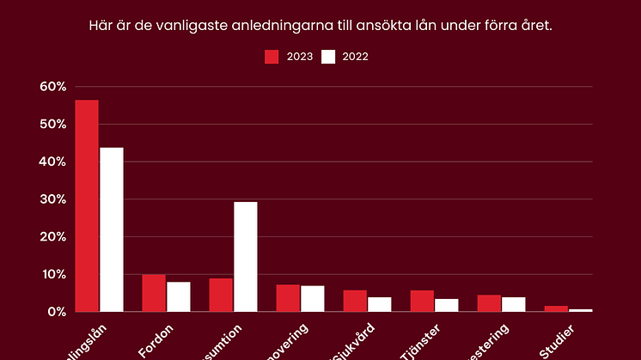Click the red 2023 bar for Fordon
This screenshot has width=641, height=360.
[x=154, y=293]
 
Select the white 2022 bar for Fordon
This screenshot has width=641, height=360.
[x=179, y=296]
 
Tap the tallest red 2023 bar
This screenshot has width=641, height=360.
[x=87, y=205]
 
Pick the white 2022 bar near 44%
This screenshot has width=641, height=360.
[x=112, y=229]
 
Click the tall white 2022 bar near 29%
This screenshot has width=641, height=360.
[x=246, y=256]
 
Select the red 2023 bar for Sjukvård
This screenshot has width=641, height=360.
[x=355, y=301]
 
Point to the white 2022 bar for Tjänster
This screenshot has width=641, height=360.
[x=447, y=305]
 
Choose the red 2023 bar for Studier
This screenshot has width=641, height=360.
[x=556, y=308]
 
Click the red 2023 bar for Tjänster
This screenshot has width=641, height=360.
[x=422, y=301]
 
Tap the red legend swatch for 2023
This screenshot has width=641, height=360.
[x=272, y=57]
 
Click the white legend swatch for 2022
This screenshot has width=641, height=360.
[x=328, y=57]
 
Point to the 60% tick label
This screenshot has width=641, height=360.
[x=52, y=87]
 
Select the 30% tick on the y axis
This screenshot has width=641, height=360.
[x=52, y=199]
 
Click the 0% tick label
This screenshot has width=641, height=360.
[x=57, y=312]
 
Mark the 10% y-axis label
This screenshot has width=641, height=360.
[x=52, y=274]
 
